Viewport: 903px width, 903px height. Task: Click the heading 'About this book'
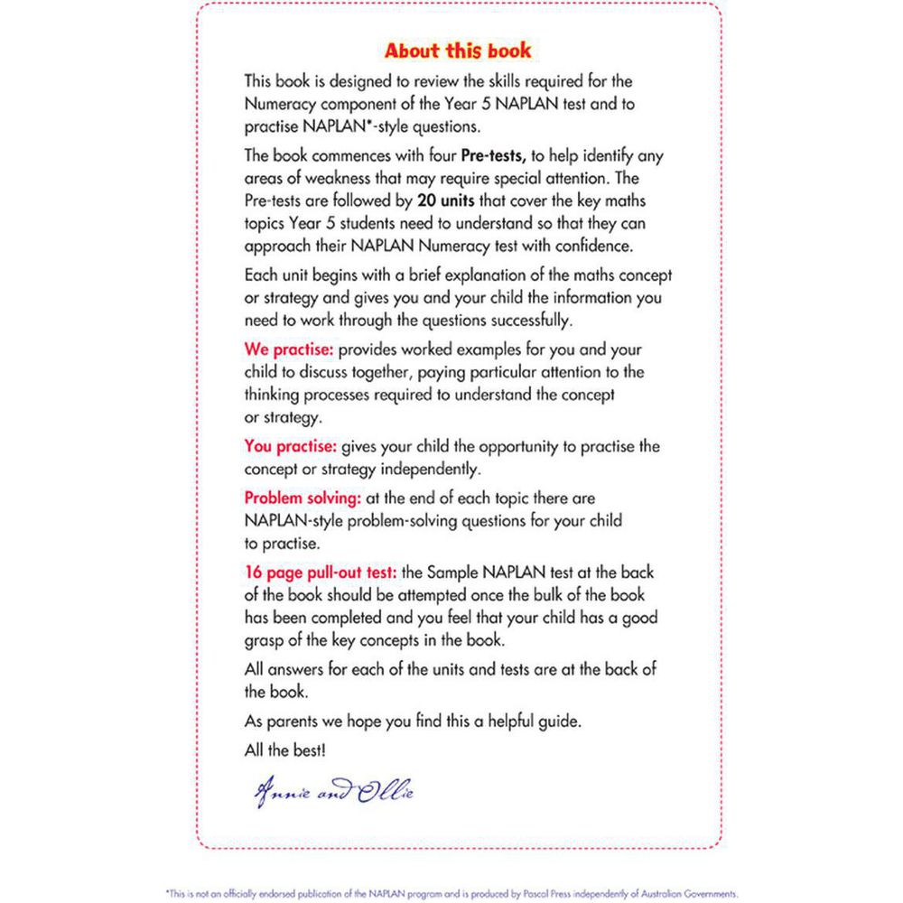pos(458,50)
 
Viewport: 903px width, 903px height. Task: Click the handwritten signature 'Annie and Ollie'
pos(334,793)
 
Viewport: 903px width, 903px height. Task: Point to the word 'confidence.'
pos(591,245)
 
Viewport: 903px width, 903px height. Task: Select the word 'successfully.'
pos(523,319)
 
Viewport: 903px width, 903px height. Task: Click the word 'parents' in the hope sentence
pos(293,721)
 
